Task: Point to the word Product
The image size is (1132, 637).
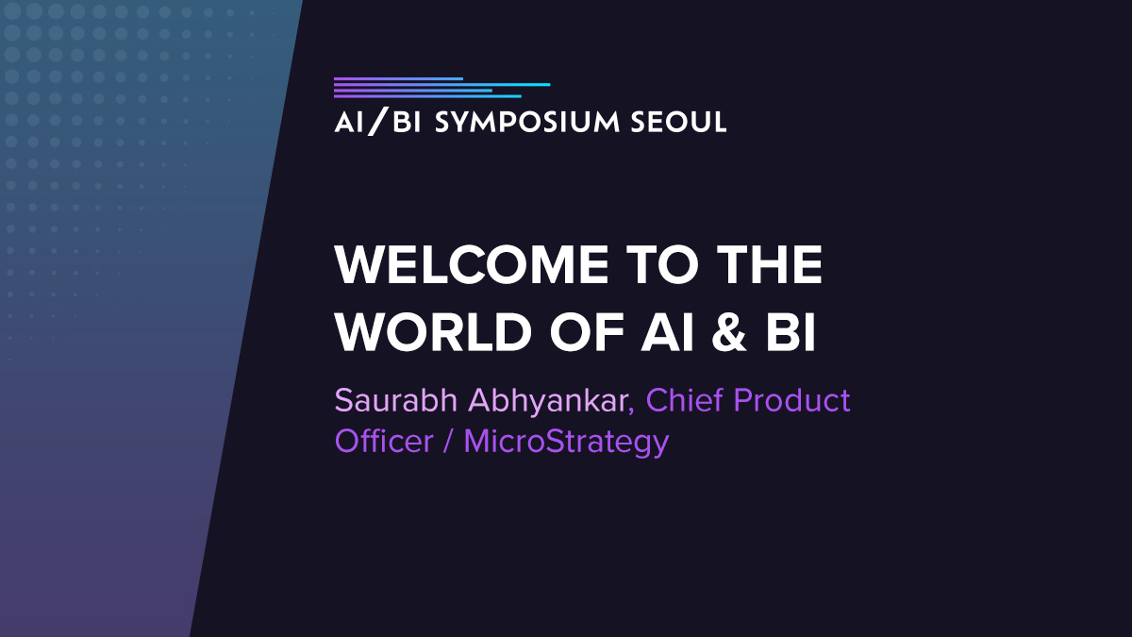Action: (792, 400)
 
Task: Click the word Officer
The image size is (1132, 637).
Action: (384, 441)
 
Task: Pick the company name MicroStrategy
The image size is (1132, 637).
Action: (566, 441)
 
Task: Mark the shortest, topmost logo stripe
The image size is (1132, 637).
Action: (398, 78)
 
